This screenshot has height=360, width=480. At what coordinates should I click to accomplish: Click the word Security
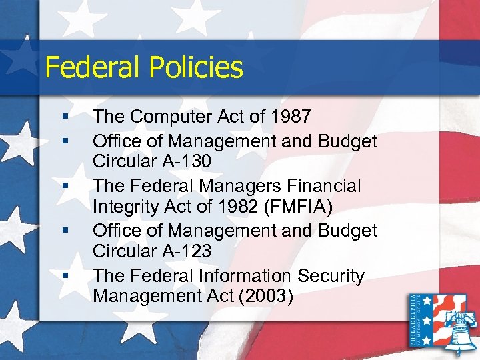[x=331, y=275]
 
